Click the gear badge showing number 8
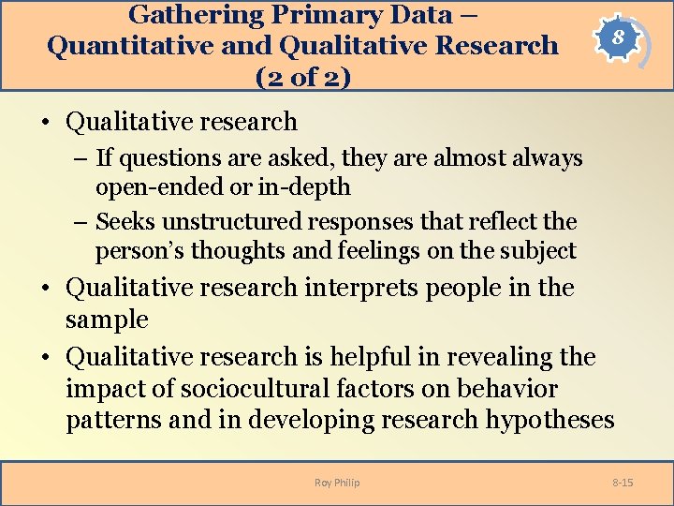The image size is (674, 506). pos(614,40)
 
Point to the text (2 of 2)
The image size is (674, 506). pos(303,76)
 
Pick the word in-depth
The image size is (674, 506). pos(304,187)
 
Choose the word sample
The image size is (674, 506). pos(107,320)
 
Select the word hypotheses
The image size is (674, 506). pos(549,420)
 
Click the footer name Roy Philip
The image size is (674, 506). pos(337,483)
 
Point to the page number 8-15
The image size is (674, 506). pos(623,483)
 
